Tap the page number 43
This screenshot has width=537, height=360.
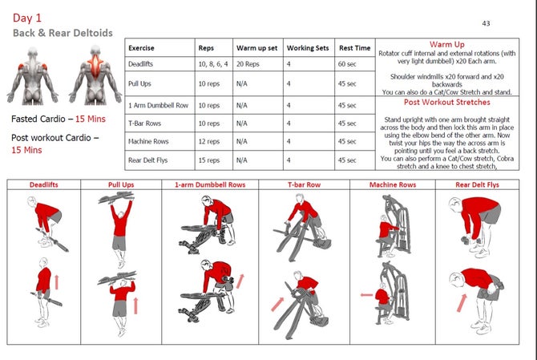[x=486, y=24]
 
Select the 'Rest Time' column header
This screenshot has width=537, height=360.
[x=354, y=48]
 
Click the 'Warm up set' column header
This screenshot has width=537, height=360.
[x=257, y=48]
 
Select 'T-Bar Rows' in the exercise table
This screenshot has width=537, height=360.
[x=145, y=123]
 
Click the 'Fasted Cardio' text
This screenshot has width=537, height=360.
[x=41, y=119]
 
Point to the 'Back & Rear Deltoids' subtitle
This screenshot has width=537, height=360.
[x=63, y=33]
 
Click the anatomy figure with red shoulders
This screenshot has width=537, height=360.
[x=31, y=79]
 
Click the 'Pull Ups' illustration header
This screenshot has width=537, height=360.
[x=121, y=184]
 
